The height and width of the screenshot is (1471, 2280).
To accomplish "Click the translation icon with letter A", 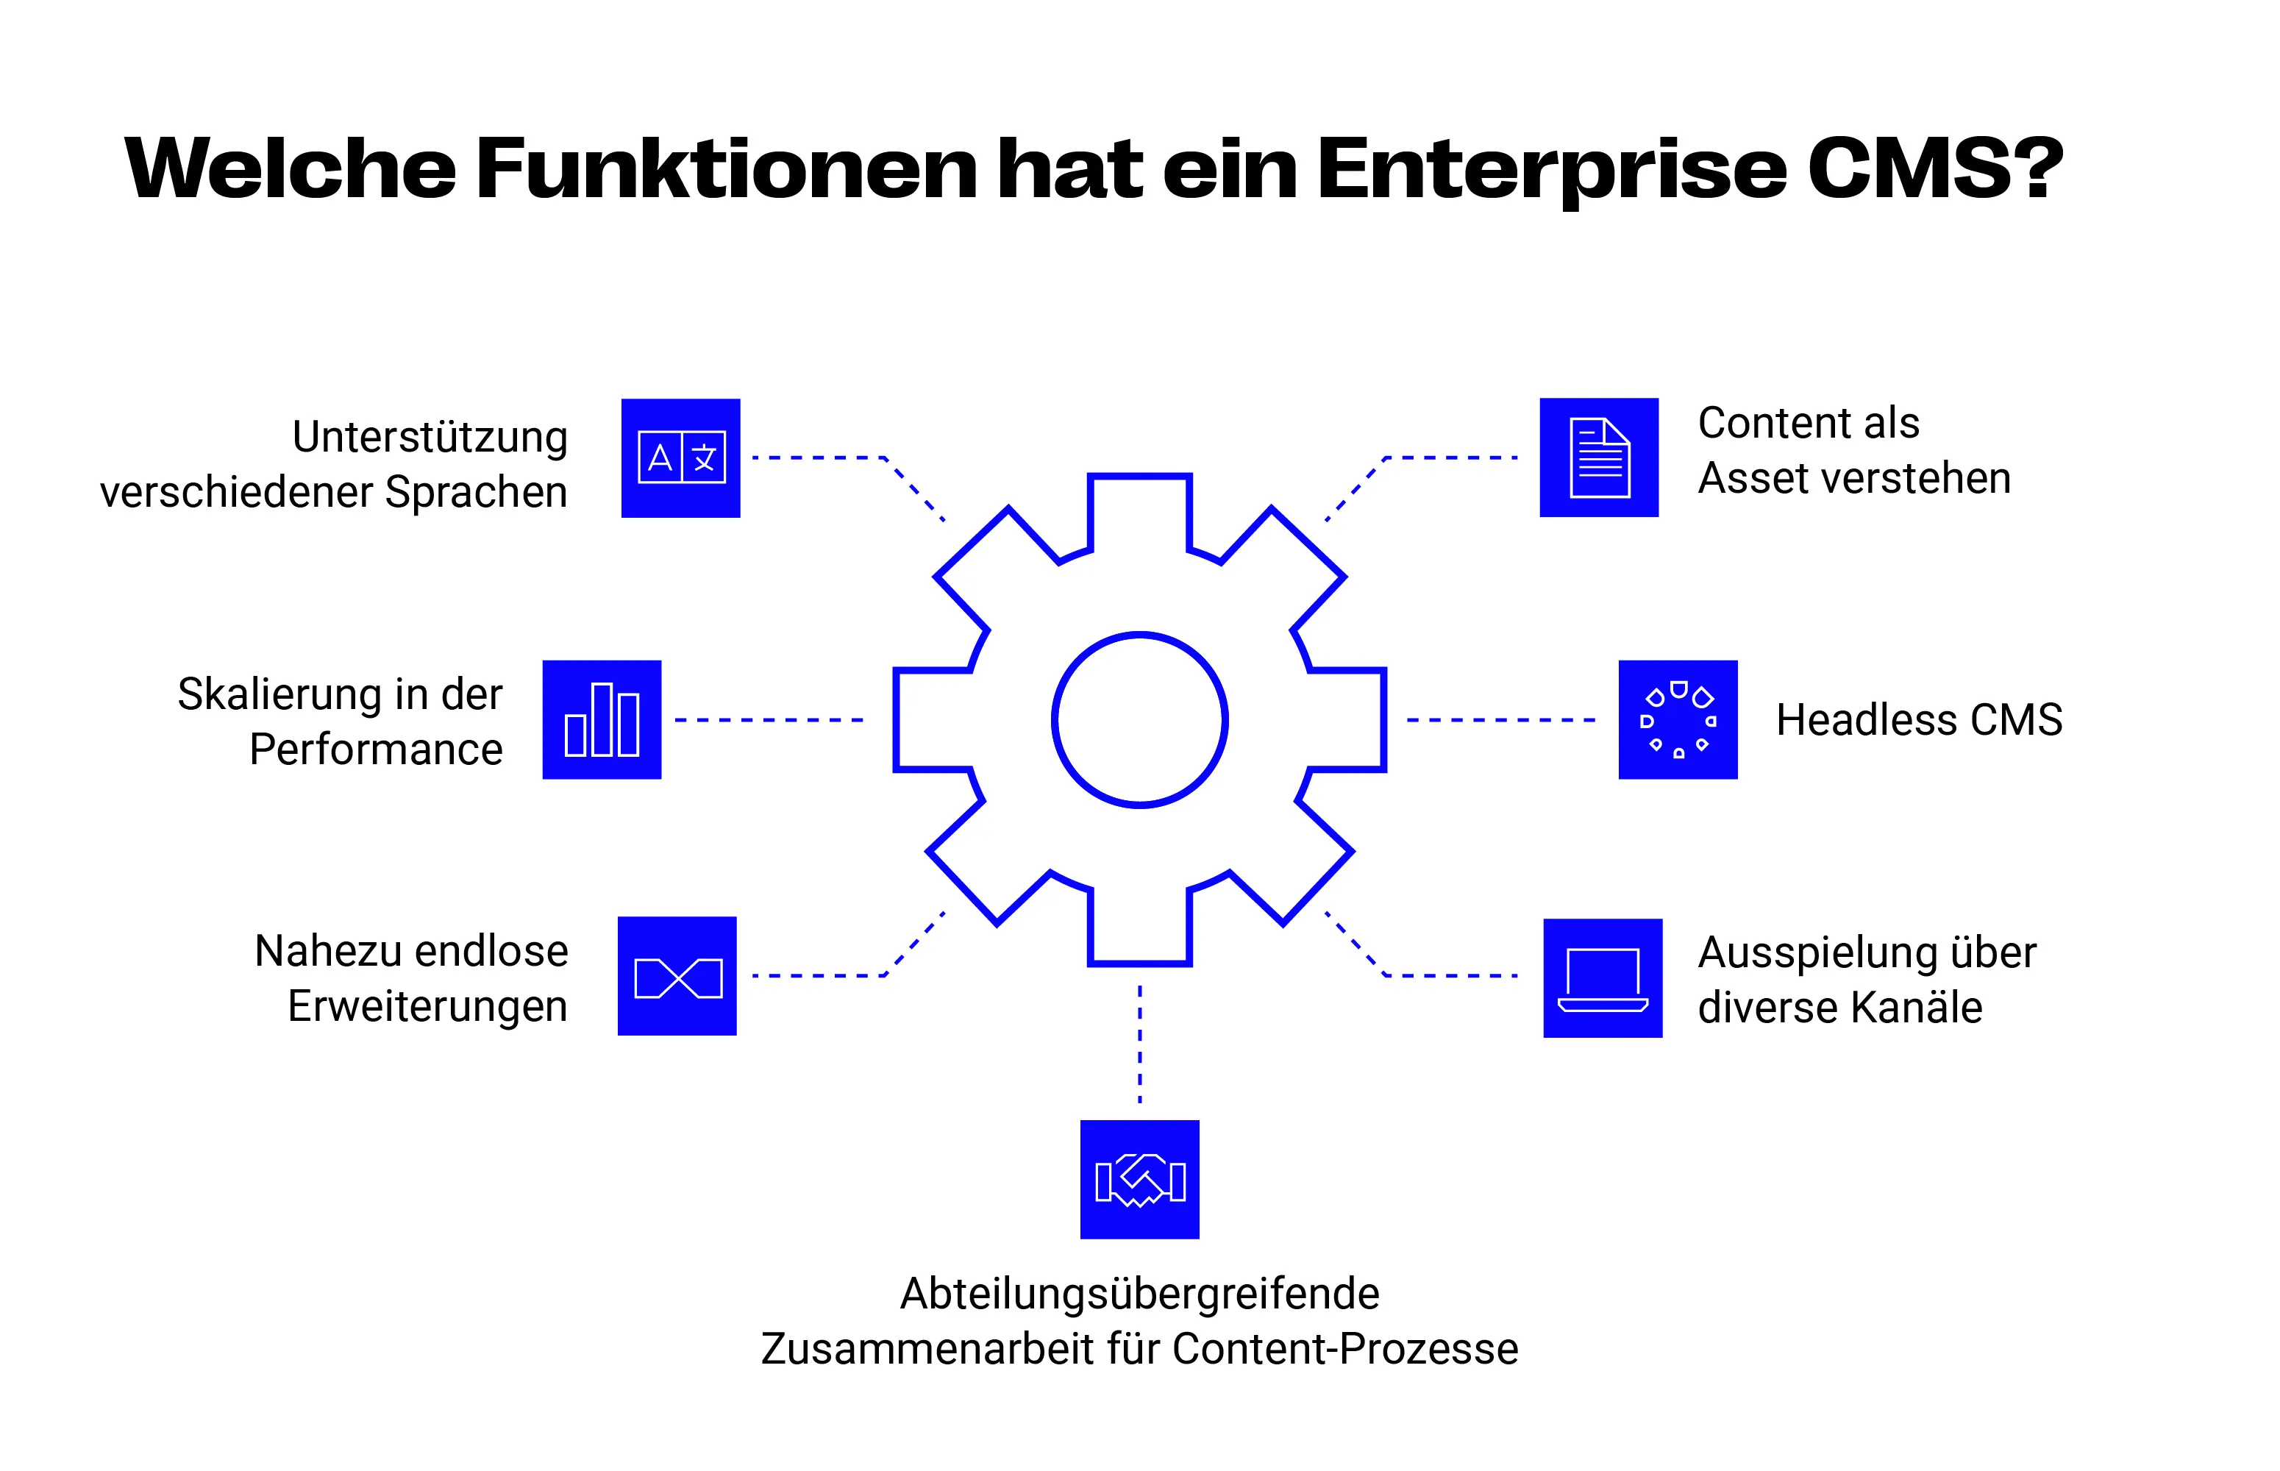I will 680,458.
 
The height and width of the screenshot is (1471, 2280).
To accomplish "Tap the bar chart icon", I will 602,719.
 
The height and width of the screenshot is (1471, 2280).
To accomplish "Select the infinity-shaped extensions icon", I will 677,976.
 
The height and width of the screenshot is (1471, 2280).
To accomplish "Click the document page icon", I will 1598,457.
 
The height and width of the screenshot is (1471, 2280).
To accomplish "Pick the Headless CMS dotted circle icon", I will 1678,719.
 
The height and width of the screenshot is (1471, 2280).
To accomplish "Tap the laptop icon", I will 1602,978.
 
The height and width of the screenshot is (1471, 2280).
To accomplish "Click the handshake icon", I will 1139,1180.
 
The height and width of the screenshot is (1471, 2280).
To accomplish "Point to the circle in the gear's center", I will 1139,719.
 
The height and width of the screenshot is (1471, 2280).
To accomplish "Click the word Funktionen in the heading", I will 726,168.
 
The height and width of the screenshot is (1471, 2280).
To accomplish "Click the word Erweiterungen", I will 427,1007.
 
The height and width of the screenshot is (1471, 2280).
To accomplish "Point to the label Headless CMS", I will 1918,720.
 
